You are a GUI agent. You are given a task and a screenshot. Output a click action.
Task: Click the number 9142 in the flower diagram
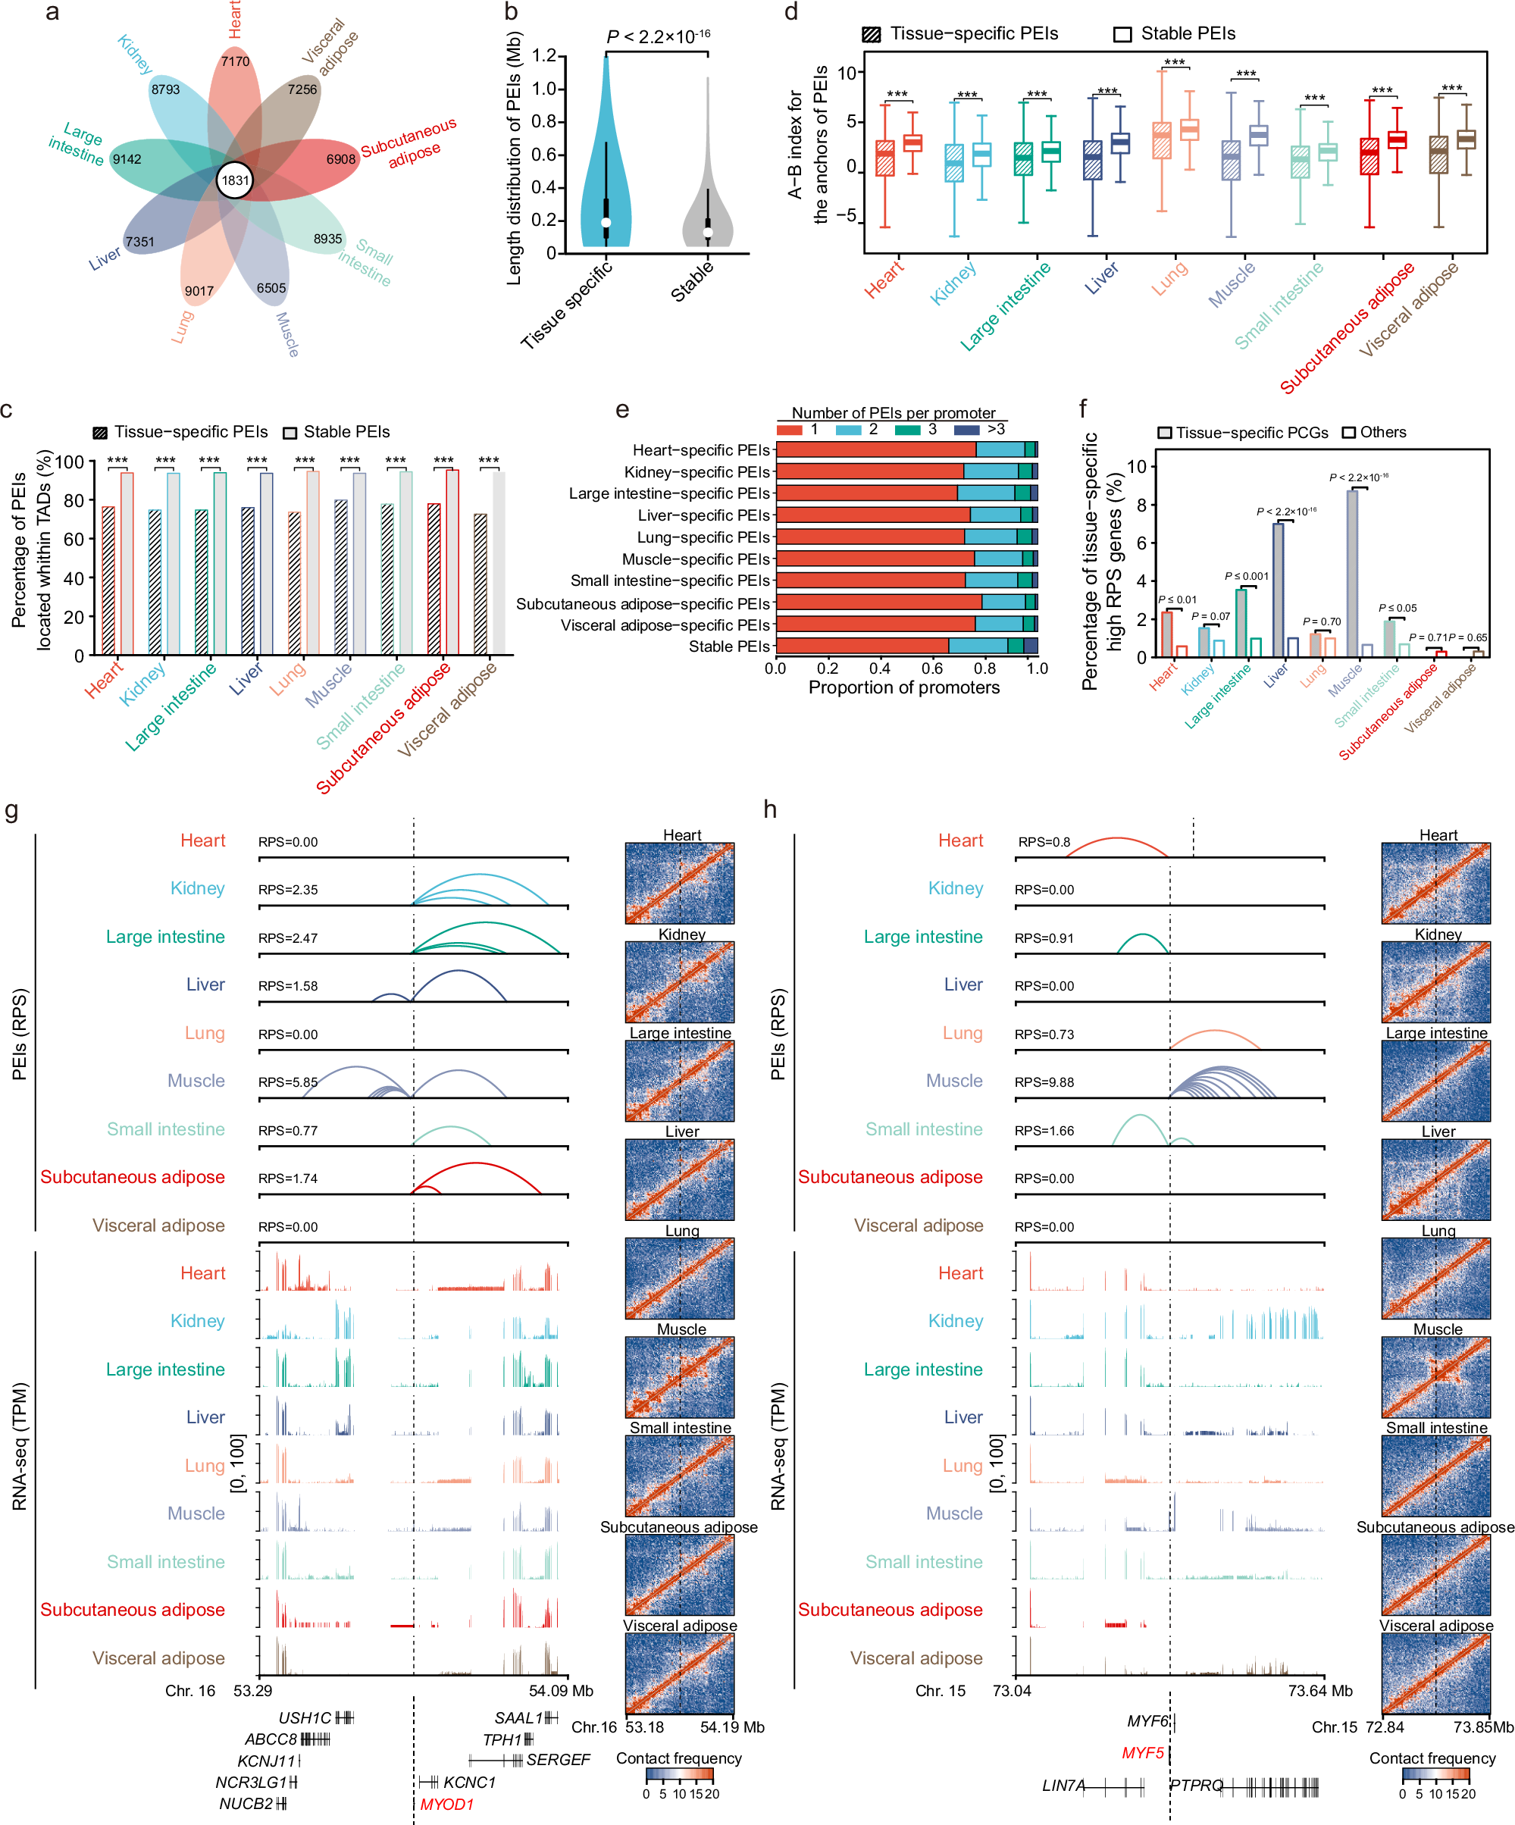tap(127, 159)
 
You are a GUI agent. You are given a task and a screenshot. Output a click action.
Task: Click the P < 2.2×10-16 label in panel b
tap(658, 36)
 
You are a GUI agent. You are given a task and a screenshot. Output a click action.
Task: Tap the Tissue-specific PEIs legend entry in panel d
tap(960, 34)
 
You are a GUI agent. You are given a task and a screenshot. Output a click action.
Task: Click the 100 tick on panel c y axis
tap(70, 462)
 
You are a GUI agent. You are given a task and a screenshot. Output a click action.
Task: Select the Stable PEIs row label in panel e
tap(728, 646)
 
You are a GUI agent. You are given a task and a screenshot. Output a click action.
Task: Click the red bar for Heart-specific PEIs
tap(875, 450)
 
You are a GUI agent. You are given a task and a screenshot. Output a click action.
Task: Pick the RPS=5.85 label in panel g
tap(288, 1082)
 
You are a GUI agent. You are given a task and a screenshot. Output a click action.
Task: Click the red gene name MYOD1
tap(446, 1804)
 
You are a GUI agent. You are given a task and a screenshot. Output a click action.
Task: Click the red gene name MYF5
tap(1142, 1753)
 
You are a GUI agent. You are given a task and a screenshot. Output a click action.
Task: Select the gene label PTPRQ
tap(1196, 1785)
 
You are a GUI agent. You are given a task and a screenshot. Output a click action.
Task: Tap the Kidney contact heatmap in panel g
tap(679, 981)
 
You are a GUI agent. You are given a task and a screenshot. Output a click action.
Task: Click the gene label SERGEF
tap(558, 1760)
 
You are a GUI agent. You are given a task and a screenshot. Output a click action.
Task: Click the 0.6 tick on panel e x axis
tap(931, 668)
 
